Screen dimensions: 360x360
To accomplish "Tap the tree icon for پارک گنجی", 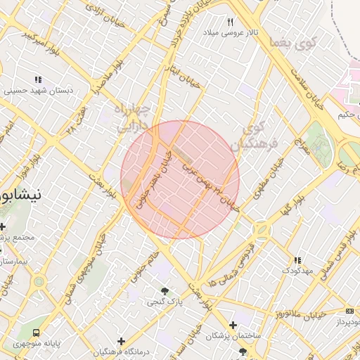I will tap(165, 290).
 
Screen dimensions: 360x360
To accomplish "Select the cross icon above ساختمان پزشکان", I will tap(233, 325).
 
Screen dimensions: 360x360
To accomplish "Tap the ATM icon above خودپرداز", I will tap(349, 311).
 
